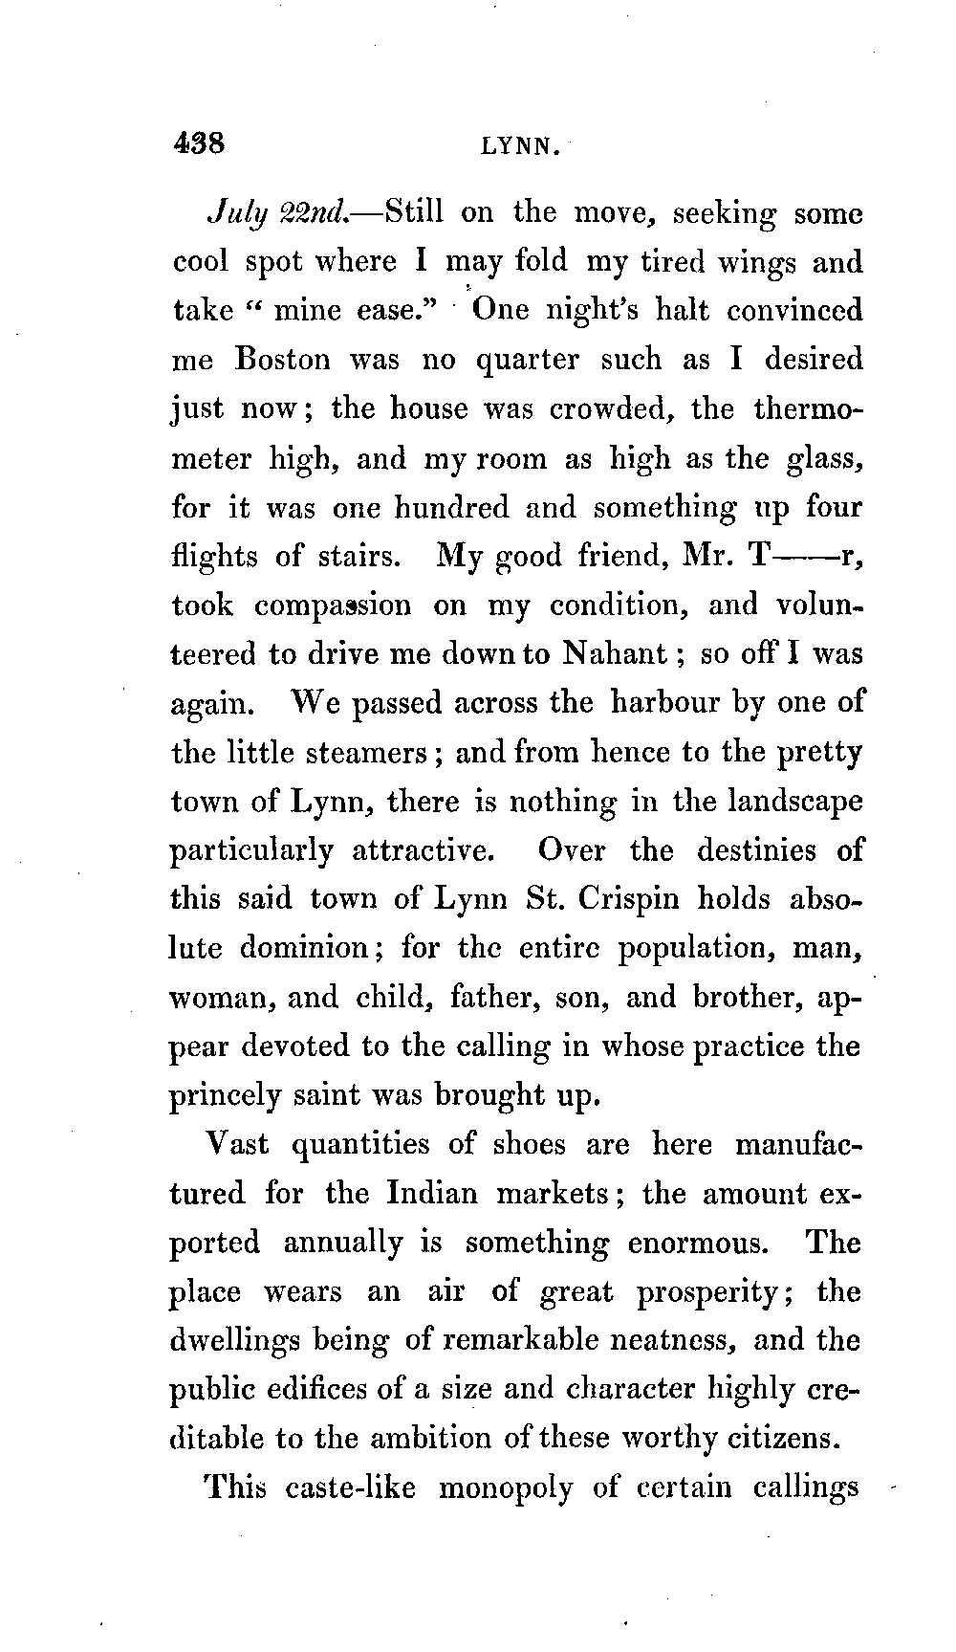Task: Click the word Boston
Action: coord(282,360)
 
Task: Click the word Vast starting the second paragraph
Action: coord(238,1144)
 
